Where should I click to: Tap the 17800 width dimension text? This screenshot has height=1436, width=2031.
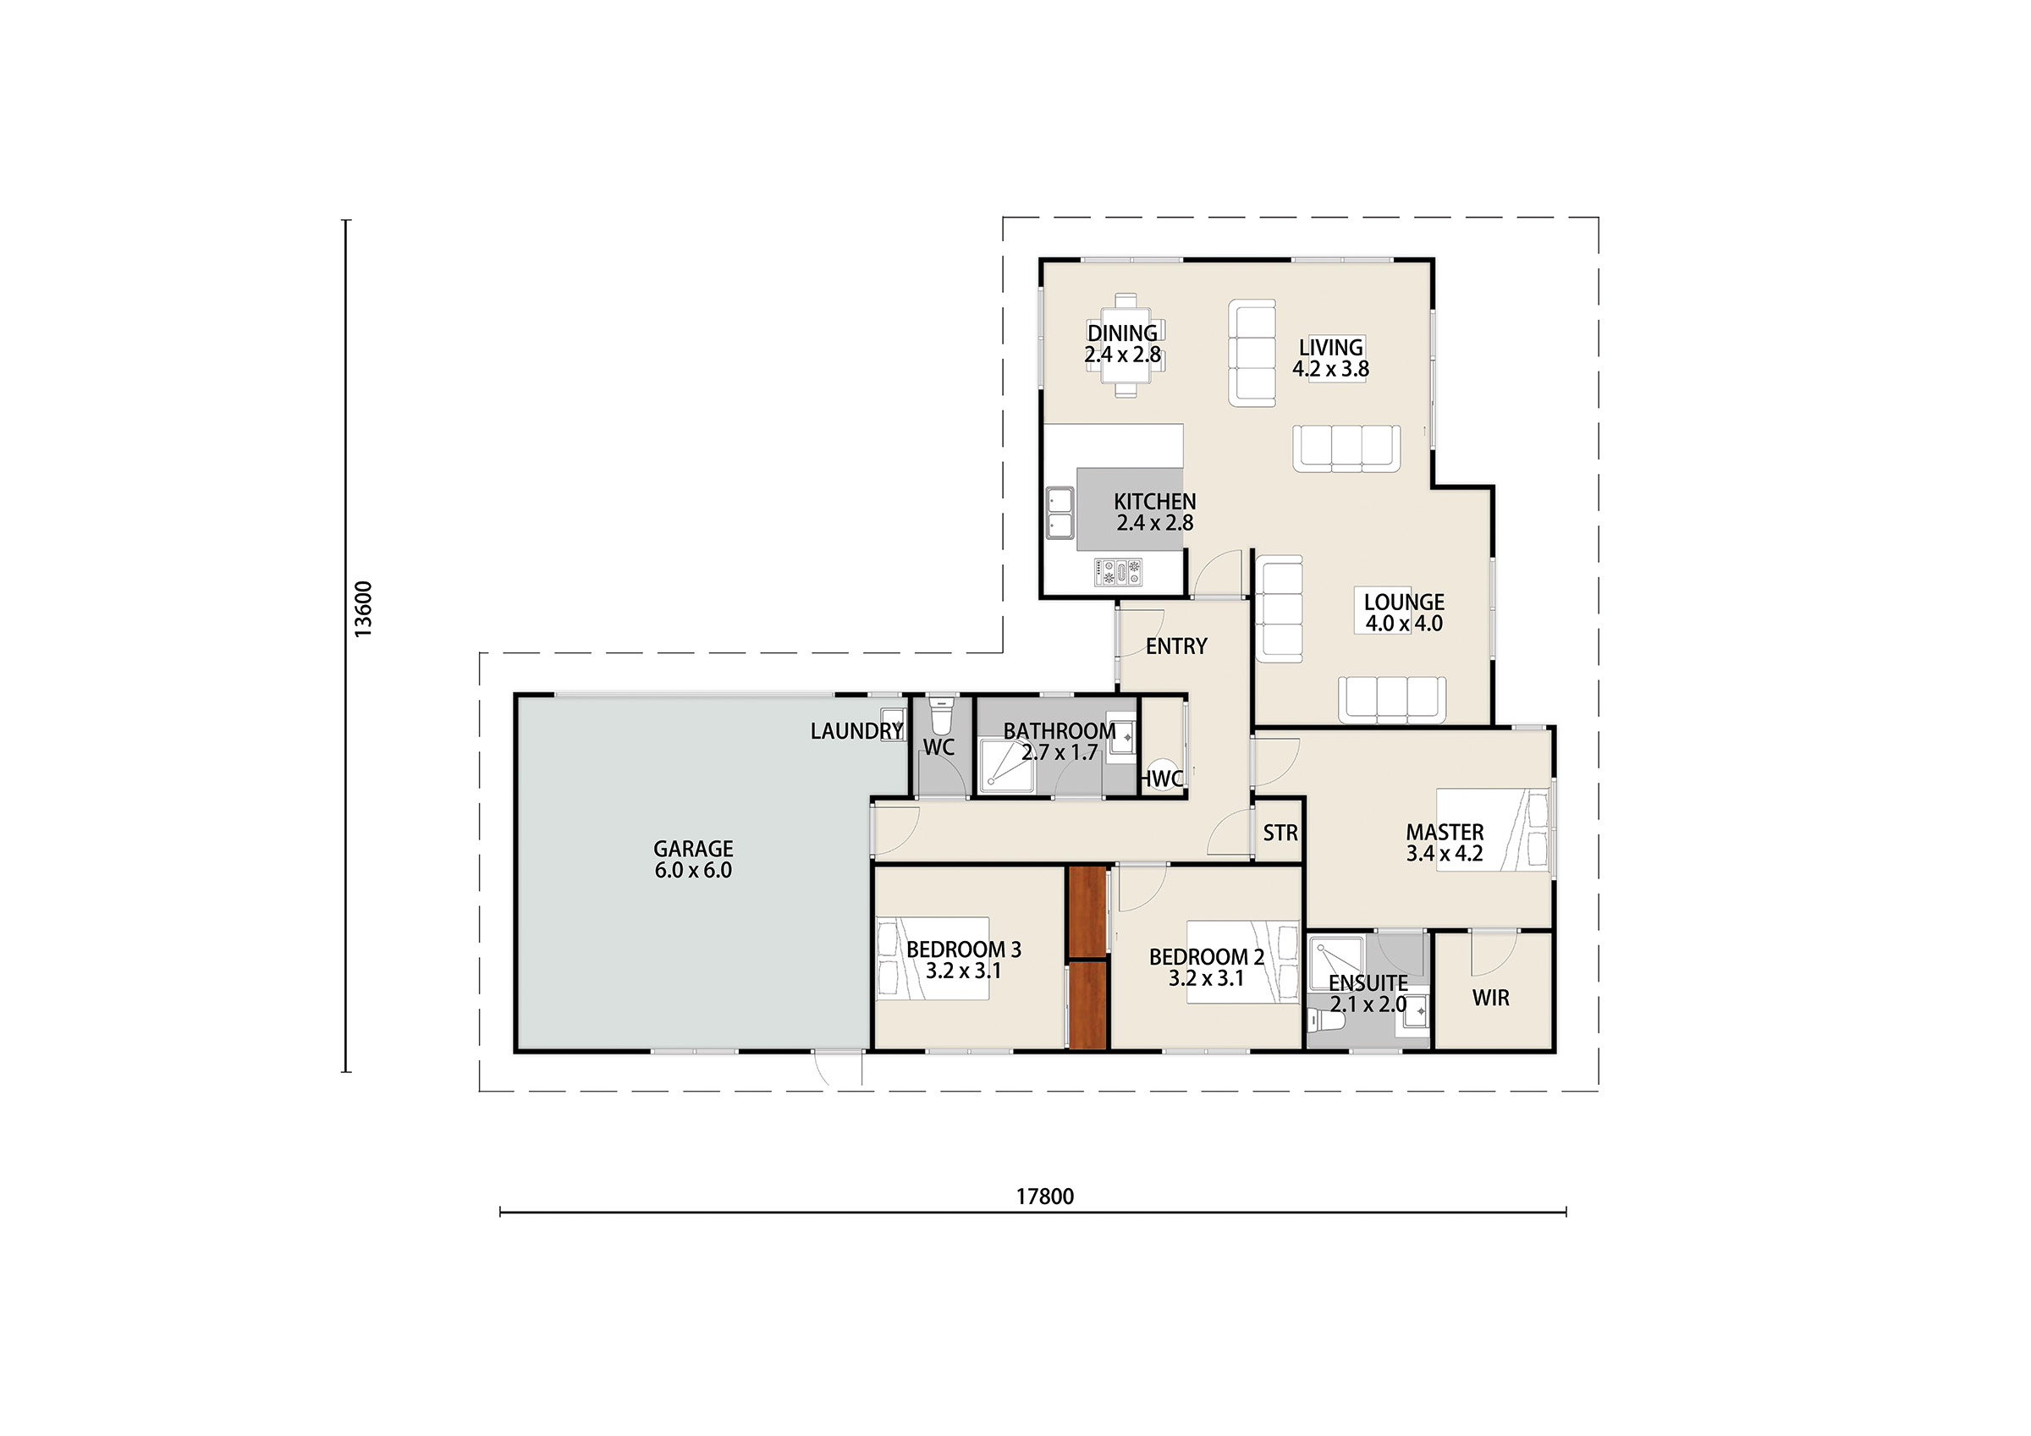(x=1044, y=1197)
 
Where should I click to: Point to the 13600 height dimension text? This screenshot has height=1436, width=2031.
(x=363, y=608)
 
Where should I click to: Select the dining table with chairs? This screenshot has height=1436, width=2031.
(x=1126, y=345)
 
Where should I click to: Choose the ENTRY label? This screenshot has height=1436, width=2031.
(x=1175, y=646)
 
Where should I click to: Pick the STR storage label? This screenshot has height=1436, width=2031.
(x=1280, y=833)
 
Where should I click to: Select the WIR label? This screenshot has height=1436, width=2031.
(x=1490, y=998)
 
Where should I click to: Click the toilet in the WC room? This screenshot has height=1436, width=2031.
(x=941, y=713)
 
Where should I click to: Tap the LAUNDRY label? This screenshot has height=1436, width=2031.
(x=856, y=731)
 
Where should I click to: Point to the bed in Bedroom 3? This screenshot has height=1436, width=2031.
(x=933, y=958)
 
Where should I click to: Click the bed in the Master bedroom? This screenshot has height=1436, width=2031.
(x=1493, y=830)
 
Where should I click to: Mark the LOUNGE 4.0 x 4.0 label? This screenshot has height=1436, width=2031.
(x=1404, y=613)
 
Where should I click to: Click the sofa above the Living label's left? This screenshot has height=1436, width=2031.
(x=1252, y=352)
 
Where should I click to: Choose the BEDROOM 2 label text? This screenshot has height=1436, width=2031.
(x=1207, y=956)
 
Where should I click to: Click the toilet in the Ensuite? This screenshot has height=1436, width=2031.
(x=1326, y=1021)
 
